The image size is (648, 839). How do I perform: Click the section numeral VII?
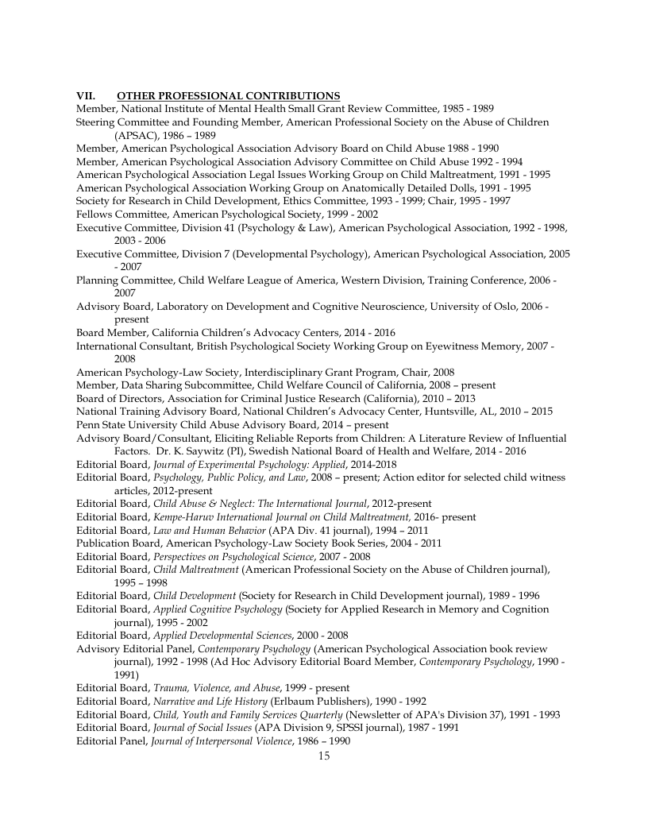85,96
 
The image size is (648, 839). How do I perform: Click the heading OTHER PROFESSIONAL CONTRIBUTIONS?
217,96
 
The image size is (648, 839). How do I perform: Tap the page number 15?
323,756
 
